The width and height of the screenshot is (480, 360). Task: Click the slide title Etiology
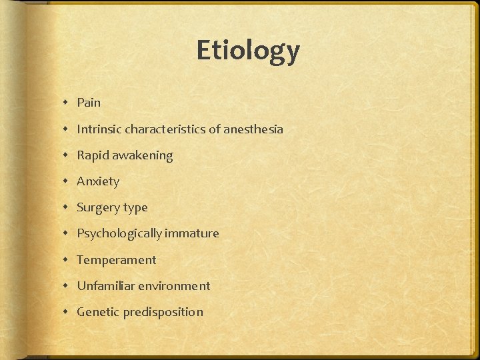coord(248,51)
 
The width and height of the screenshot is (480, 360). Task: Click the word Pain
coord(89,103)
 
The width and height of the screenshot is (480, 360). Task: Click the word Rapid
coord(93,155)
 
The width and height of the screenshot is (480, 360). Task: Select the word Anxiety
coord(98,181)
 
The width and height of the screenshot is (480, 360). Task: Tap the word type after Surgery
coord(135,208)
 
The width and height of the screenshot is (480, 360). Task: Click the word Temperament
coord(116,260)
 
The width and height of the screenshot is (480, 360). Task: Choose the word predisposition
coord(163,312)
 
